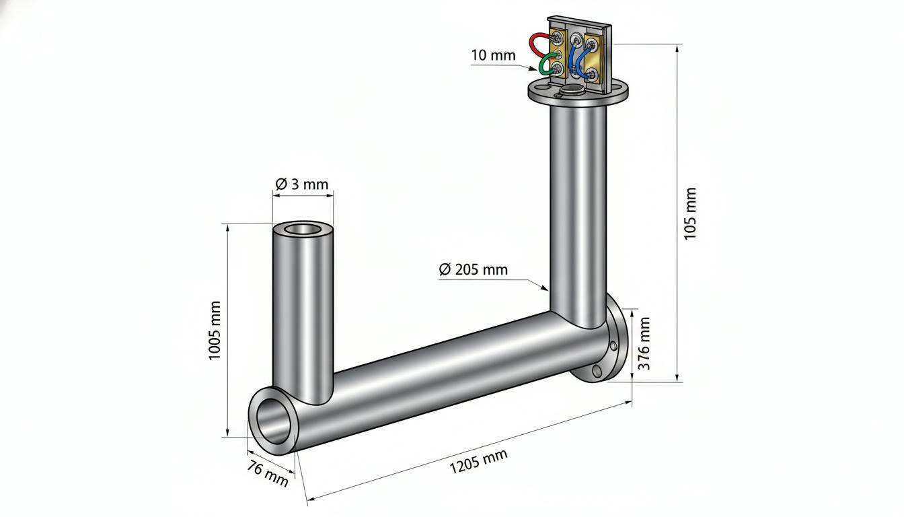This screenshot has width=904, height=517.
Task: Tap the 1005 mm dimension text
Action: click(x=215, y=331)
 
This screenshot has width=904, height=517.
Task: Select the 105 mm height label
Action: click(x=690, y=213)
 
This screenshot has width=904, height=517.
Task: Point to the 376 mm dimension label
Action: click(x=644, y=343)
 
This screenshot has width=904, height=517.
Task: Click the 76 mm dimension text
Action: click(x=268, y=473)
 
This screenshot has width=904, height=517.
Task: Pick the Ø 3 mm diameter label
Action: click(x=302, y=184)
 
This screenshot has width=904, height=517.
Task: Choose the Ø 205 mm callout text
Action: click(x=473, y=269)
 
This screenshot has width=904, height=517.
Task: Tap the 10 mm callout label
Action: click(x=493, y=55)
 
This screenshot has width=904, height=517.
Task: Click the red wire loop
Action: click(x=535, y=45)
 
